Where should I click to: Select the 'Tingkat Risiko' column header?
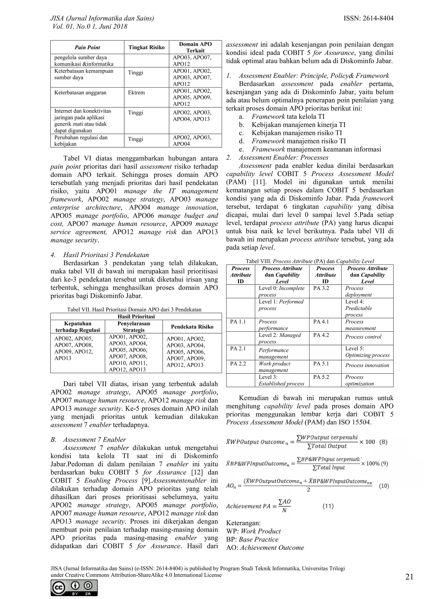(x=146, y=47)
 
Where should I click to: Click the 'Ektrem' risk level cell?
(x=136, y=93)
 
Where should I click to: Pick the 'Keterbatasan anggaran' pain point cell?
(x=80, y=93)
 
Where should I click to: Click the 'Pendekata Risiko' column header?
(x=192, y=327)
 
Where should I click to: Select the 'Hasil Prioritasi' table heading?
(x=136, y=316)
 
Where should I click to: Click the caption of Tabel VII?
(x=134, y=309)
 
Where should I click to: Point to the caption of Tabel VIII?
(x=310, y=261)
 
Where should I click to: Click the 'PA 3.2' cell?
(x=321, y=288)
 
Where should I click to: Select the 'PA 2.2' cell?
(x=238, y=363)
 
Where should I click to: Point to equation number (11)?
(x=328, y=506)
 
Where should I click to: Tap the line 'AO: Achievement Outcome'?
(x=265, y=548)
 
